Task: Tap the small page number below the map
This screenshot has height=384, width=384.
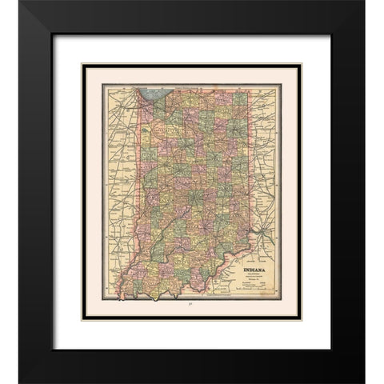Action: pyautogui.click(x=190, y=306)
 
